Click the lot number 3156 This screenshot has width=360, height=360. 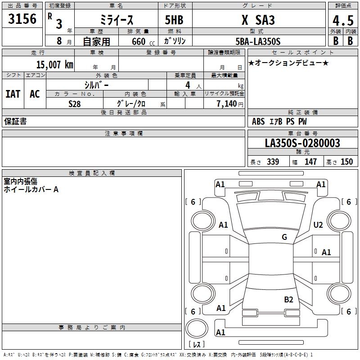(x=22, y=19)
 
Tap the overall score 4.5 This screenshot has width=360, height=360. (x=342, y=21)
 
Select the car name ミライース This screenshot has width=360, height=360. (x=116, y=20)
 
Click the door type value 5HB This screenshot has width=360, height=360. (x=174, y=20)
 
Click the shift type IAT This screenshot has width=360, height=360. (x=13, y=94)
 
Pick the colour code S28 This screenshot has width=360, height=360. (x=74, y=104)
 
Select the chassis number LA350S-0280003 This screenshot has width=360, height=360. (x=302, y=144)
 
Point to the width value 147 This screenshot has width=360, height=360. (x=310, y=162)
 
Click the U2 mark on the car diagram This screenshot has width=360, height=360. (x=318, y=225)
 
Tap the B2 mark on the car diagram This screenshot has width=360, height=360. (x=288, y=299)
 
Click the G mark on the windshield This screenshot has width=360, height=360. (x=284, y=237)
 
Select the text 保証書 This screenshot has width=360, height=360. (x=15, y=121)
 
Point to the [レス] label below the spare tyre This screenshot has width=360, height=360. (x=198, y=344)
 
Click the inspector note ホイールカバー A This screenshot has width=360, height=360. (x=31, y=189)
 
